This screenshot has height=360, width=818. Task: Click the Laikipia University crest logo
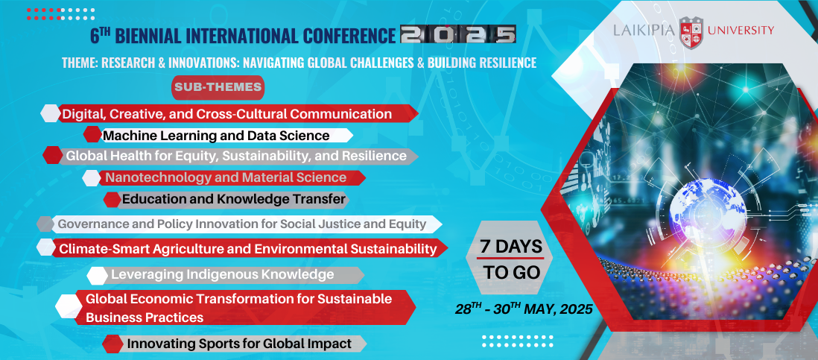(691, 31)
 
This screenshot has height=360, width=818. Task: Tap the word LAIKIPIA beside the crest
(644, 31)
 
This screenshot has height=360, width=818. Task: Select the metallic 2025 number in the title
(458, 34)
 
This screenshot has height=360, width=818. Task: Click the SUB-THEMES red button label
(218, 87)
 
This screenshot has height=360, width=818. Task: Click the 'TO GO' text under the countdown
(511, 272)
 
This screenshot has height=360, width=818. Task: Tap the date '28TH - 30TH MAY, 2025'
(524, 309)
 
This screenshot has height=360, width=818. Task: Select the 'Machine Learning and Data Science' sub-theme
(216, 136)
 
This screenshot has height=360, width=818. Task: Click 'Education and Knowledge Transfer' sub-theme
(234, 199)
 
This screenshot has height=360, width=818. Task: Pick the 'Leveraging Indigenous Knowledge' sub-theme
(222, 274)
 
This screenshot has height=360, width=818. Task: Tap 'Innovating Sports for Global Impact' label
(239, 344)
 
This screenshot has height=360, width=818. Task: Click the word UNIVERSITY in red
(741, 31)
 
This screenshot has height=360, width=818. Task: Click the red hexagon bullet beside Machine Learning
(92, 135)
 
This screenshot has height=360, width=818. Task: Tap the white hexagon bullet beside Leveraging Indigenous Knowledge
(98, 275)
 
